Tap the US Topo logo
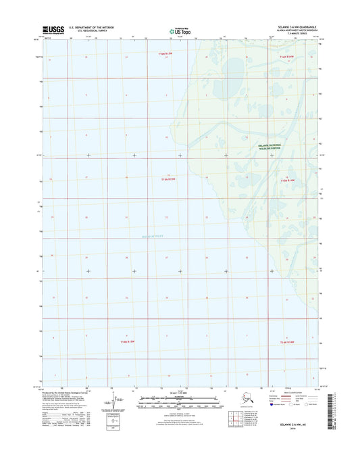(x=180, y=30)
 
